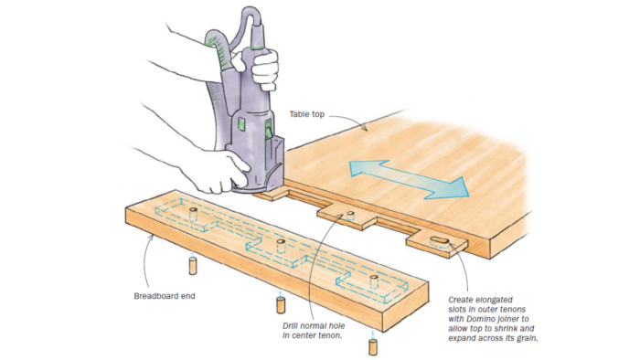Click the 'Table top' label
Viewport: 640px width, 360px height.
307,114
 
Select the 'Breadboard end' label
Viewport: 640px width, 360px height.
165,296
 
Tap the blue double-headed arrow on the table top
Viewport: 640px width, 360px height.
409,179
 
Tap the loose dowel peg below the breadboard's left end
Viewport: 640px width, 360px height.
193,266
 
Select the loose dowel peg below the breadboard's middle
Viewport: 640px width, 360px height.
281,305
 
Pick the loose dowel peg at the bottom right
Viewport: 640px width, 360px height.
373,346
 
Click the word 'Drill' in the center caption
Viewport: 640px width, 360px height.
292,326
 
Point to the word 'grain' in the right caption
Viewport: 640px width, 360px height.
527,338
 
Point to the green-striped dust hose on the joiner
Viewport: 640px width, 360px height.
217,73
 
